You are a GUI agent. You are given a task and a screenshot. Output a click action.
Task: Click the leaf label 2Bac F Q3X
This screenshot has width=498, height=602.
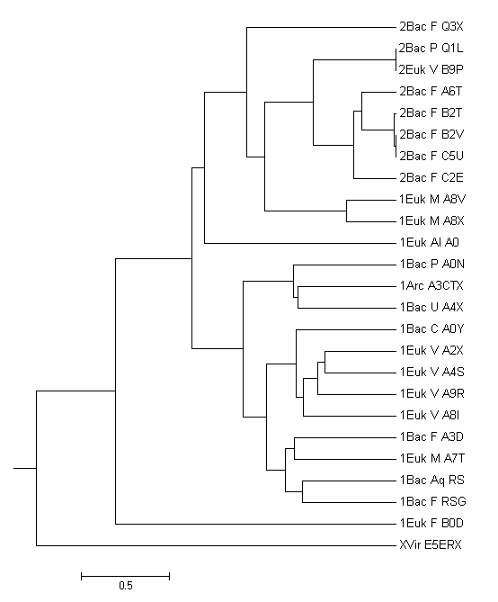pyautogui.click(x=431, y=26)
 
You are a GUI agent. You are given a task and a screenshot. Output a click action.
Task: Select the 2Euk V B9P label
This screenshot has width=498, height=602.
pyautogui.click(x=431, y=70)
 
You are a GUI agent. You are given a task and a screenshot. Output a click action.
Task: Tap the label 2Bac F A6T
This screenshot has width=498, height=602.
pyautogui.click(x=431, y=92)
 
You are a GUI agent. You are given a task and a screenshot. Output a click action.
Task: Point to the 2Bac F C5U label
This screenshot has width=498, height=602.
pyautogui.click(x=431, y=157)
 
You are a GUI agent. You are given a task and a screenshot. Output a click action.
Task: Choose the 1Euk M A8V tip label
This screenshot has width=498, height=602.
pyautogui.click(x=432, y=199)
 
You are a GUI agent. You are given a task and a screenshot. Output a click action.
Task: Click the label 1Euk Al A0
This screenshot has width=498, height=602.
pyautogui.click(x=430, y=243)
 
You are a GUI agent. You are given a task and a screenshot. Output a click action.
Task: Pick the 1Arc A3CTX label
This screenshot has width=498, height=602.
pyautogui.click(x=431, y=285)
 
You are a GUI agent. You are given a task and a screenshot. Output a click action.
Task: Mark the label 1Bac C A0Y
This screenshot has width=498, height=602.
pyautogui.click(x=432, y=329)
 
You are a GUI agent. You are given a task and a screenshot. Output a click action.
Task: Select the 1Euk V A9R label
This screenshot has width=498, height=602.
pyautogui.click(x=432, y=394)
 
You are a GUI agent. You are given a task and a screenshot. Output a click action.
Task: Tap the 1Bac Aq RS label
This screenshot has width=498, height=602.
pyautogui.click(x=432, y=481)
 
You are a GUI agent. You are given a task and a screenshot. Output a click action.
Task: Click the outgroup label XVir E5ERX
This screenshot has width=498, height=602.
pyautogui.click(x=431, y=545)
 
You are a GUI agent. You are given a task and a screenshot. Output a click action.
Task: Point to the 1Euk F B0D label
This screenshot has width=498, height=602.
pyautogui.click(x=431, y=524)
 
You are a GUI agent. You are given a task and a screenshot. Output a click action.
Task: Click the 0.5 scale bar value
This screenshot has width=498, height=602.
pyautogui.click(x=126, y=586)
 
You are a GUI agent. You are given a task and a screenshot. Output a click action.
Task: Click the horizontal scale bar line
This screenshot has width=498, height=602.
pyautogui.click(x=126, y=576)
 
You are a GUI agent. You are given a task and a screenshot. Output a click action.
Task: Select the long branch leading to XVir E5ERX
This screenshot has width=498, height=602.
pyautogui.click(x=216, y=545)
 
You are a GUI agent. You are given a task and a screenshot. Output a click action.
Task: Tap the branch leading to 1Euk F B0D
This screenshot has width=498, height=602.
pyautogui.click(x=255, y=524)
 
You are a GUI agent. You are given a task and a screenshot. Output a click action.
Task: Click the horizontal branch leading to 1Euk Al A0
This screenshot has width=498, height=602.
pyautogui.click(x=300, y=243)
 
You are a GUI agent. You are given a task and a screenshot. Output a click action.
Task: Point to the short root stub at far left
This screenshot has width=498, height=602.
pyautogui.click(x=25, y=469)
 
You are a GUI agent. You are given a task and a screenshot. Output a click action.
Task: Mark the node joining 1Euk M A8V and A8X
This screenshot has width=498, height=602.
pyautogui.click(x=347, y=211)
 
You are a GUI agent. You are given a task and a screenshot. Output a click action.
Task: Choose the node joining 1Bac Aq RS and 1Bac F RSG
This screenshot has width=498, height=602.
pyautogui.click(x=303, y=491)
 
